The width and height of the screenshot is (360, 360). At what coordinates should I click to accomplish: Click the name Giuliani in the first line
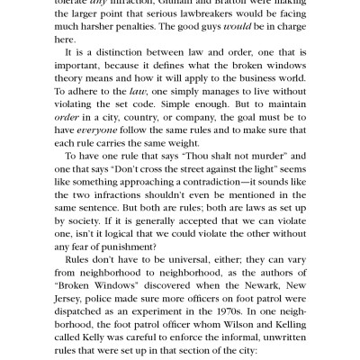[x=175, y=3]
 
